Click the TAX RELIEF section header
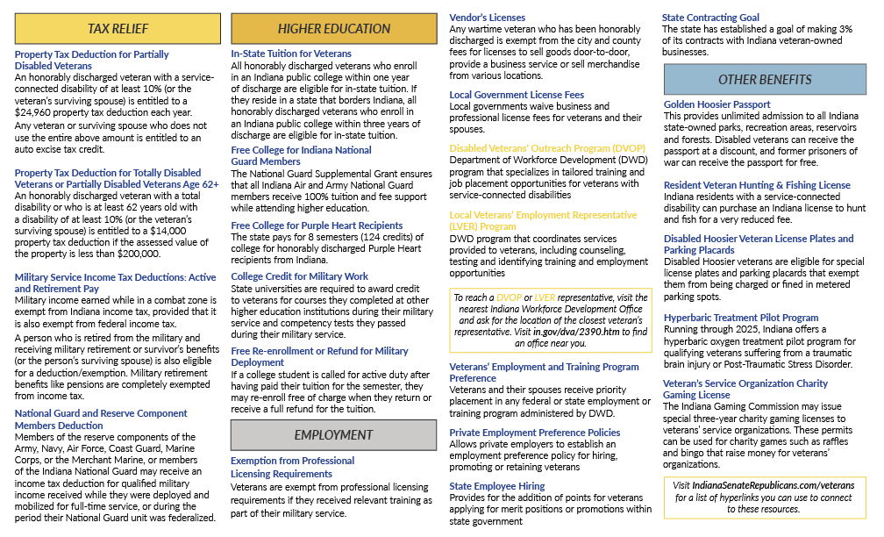(x=117, y=29)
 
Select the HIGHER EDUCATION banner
(x=333, y=29)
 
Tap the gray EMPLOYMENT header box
(x=333, y=434)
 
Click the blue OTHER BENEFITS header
(x=764, y=80)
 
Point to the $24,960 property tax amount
(x=37, y=113)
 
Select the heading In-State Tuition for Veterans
(x=290, y=54)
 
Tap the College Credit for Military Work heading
(x=299, y=276)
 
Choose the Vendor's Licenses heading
(x=487, y=18)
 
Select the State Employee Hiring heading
(x=496, y=486)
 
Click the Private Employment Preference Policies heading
(x=534, y=433)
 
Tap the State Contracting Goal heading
(x=710, y=18)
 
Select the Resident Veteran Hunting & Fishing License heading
(x=757, y=185)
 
